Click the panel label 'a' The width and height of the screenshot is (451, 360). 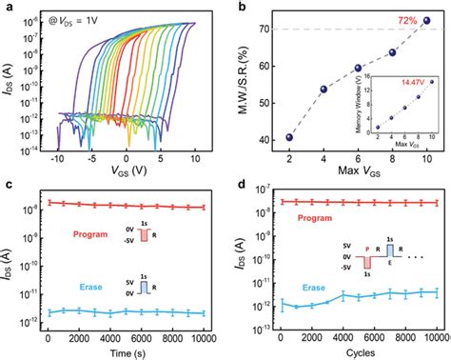pyautogui.click(x=7, y=8)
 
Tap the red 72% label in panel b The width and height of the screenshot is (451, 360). pyautogui.click(x=400, y=19)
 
